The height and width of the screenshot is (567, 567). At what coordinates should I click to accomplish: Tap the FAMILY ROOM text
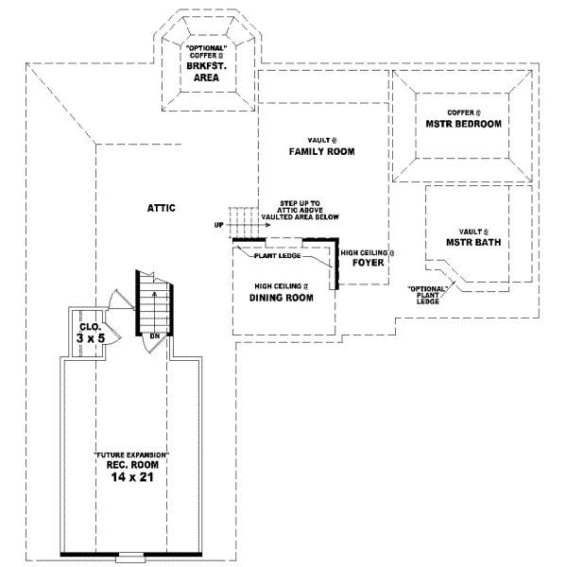321,151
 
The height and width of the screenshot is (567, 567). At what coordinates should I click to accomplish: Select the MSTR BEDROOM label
462,124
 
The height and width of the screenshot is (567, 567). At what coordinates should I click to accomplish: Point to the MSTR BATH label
473,242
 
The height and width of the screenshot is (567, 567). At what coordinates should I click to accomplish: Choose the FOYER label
368,263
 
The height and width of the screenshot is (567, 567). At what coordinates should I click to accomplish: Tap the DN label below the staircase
153,336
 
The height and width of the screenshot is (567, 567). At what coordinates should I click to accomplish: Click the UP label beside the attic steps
218,225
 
